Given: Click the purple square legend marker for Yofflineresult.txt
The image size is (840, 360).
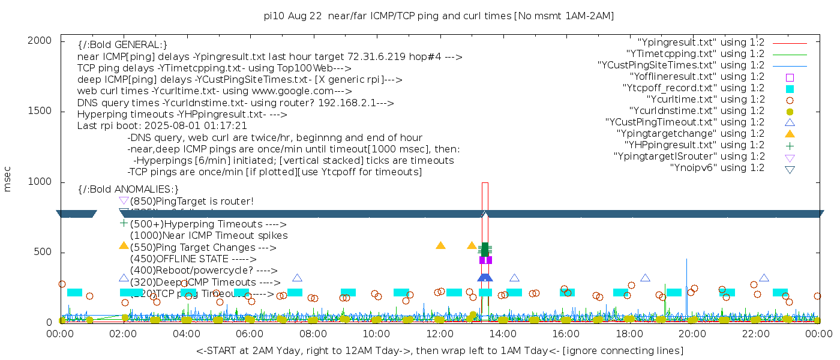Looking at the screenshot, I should pos(790,77).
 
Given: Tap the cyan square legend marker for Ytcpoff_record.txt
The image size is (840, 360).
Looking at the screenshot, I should pos(790,88).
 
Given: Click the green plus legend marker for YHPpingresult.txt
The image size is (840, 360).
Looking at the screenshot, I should pos(790,145).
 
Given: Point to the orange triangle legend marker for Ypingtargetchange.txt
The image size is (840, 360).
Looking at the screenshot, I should pos(790,134).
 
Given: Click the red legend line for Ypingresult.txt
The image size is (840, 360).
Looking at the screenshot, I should pos(790,43).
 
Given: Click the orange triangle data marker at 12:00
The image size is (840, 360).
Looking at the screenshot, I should pos(441,245).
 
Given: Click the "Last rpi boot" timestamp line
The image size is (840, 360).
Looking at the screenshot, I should pos(162,126).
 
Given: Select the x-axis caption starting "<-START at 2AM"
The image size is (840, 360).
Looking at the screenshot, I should pos(439,350).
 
